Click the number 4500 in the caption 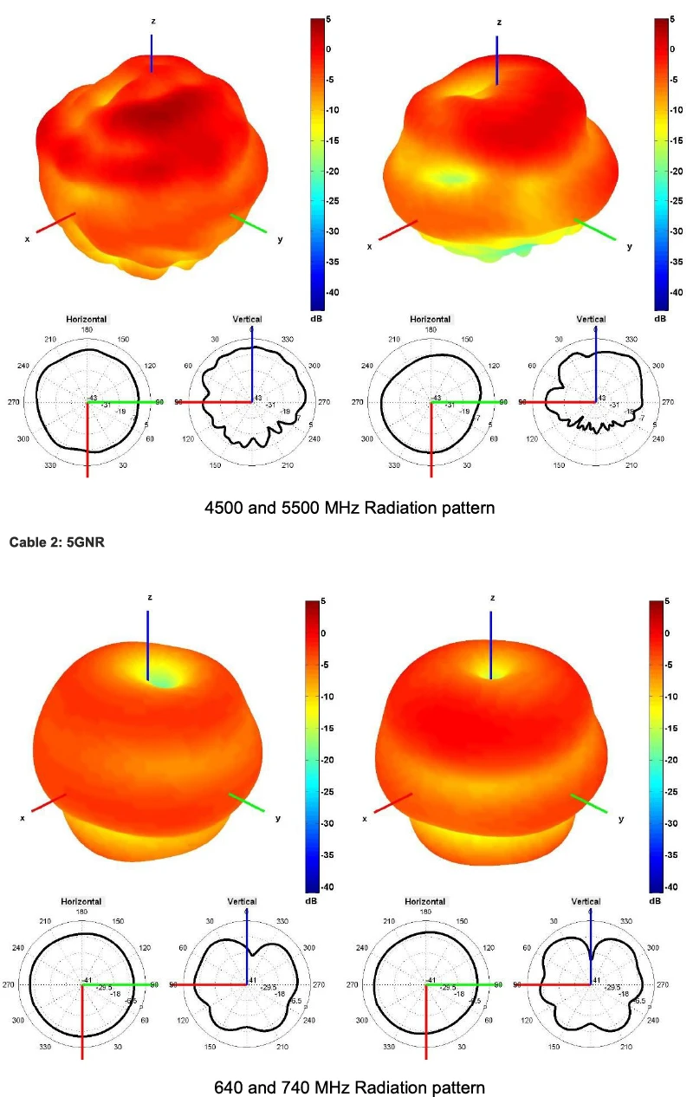[x=223, y=508]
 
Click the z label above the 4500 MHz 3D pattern [x=152, y=20]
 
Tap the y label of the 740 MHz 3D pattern [x=620, y=818]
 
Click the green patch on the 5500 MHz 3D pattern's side [x=450, y=179]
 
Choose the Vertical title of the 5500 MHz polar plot [x=592, y=319]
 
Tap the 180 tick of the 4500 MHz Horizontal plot [x=87, y=329]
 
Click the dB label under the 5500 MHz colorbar [x=660, y=319]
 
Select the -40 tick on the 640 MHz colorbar [x=317, y=886]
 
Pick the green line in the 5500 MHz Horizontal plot [x=468, y=402]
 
